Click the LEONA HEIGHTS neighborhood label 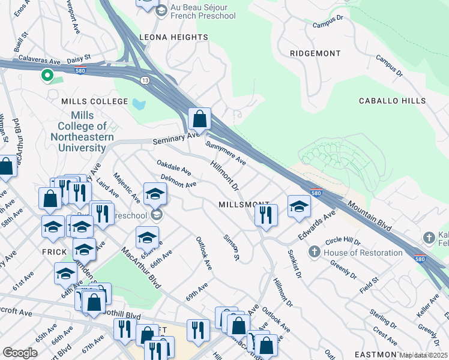[x=173, y=37]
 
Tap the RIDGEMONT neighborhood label [x=315, y=53]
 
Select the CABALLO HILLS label [x=392, y=101]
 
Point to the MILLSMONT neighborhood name [x=244, y=204]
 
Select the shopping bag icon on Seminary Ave [x=200, y=119]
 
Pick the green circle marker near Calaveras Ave [x=46, y=76]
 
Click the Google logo [x=20, y=352]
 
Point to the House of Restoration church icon [x=314, y=253]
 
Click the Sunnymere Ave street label [x=226, y=153]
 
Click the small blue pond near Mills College [x=139, y=104]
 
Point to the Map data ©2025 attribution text [x=424, y=355]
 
